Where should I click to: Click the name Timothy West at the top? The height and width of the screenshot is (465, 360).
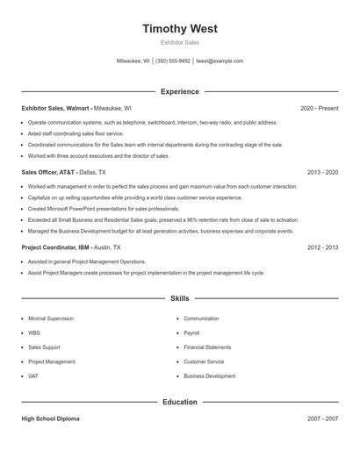(x=180, y=28)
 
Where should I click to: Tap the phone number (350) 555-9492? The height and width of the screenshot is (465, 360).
(x=173, y=61)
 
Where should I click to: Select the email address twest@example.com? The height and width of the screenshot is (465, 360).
(x=220, y=61)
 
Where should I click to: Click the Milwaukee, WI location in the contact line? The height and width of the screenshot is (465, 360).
(x=134, y=61)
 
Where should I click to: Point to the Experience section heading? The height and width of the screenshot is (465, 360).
(x=180, y=91)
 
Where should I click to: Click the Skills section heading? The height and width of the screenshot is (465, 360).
(x=180, y=299)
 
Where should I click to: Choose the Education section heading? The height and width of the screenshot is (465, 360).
(x=180, y=402)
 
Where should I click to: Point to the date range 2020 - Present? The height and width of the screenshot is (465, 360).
(x=319, y=108)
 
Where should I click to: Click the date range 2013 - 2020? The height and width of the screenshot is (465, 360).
(x=322, y=173)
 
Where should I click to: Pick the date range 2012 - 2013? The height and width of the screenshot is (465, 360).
(x=322, y=247)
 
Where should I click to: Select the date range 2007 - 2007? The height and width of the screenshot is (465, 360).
(x=322, y=419)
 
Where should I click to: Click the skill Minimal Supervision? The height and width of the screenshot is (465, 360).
(x=51, y=318)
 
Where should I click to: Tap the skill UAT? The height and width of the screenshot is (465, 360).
(x=34, y=376)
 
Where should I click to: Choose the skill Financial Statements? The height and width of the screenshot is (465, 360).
(x=207, y=347)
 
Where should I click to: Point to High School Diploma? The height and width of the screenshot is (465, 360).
(x=51, y=419)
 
